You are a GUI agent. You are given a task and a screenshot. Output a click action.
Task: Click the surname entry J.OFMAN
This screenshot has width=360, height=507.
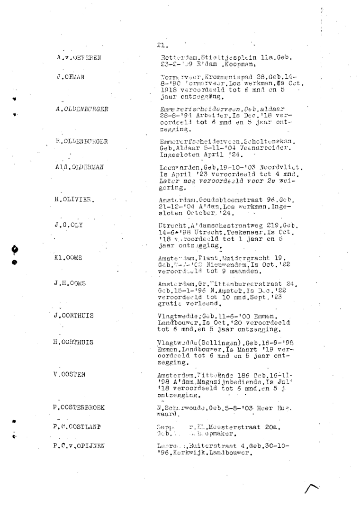(69, 77)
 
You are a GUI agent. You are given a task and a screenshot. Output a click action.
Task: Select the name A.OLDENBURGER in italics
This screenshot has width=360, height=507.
(82, 109)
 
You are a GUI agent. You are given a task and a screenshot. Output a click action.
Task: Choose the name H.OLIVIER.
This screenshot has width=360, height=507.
(74, 199)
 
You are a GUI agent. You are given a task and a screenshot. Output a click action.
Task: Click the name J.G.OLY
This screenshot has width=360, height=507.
(69, 225)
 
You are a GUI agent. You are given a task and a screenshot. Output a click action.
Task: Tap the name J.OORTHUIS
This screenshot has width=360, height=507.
(74, 315)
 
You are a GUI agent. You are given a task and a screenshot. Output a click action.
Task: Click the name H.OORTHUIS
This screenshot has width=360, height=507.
(74, 342)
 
